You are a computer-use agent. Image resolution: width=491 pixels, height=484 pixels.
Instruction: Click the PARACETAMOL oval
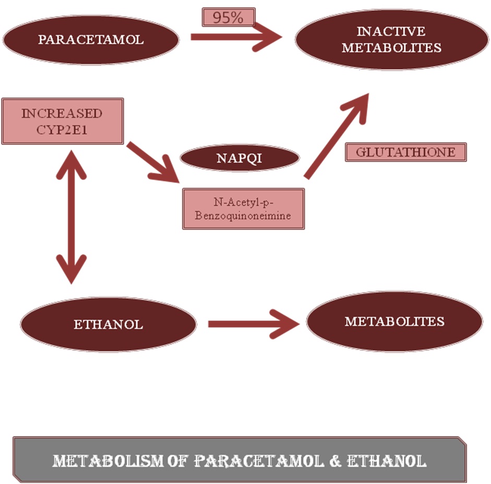[91, 40]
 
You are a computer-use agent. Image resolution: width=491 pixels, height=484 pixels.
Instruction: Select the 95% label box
[229, 17]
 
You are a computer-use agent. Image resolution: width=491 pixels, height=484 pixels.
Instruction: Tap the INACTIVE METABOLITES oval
[391, 40]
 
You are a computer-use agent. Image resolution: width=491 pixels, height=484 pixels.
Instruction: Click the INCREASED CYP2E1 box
[62, 121]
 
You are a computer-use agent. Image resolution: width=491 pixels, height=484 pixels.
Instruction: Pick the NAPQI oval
[239, 158]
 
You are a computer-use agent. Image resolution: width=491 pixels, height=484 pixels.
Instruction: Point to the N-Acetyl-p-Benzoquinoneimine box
[243, 209]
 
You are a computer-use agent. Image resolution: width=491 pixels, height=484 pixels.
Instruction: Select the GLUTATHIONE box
[405, 153]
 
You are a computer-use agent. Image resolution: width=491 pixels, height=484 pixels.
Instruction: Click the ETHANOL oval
[108, 324]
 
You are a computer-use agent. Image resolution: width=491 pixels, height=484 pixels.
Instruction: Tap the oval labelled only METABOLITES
[394, 321]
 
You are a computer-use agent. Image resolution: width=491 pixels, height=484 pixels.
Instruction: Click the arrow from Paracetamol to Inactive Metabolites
[235, 36]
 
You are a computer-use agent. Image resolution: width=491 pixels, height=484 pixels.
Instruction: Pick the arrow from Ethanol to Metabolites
[253, 324]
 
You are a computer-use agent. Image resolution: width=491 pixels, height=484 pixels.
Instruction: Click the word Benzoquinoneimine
[243, 215]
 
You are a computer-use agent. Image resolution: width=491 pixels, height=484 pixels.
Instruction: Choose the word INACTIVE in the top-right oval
[391, 32]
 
